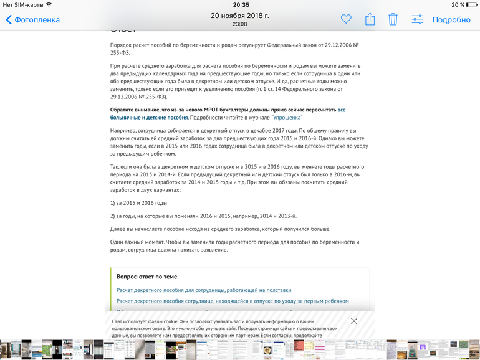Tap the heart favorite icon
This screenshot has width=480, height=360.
346,19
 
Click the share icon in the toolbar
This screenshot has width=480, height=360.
370,19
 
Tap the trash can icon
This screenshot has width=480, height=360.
393,19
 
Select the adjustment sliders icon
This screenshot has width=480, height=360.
417,19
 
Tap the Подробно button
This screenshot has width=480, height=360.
451,19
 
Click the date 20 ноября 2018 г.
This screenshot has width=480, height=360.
240,16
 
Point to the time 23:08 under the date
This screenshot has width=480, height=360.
239,24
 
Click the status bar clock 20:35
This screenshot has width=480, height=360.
240,5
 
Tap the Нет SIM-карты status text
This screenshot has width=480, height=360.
23,5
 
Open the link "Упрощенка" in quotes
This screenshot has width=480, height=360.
287,118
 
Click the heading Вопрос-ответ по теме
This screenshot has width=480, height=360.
146,277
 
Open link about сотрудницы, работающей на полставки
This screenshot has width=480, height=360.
204,290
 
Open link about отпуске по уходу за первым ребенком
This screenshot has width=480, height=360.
233,301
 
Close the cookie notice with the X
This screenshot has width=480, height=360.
353,321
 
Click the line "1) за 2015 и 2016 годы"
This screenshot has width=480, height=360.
138,203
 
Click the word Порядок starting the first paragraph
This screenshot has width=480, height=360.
122,46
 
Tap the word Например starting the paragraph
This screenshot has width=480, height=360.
123,130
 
